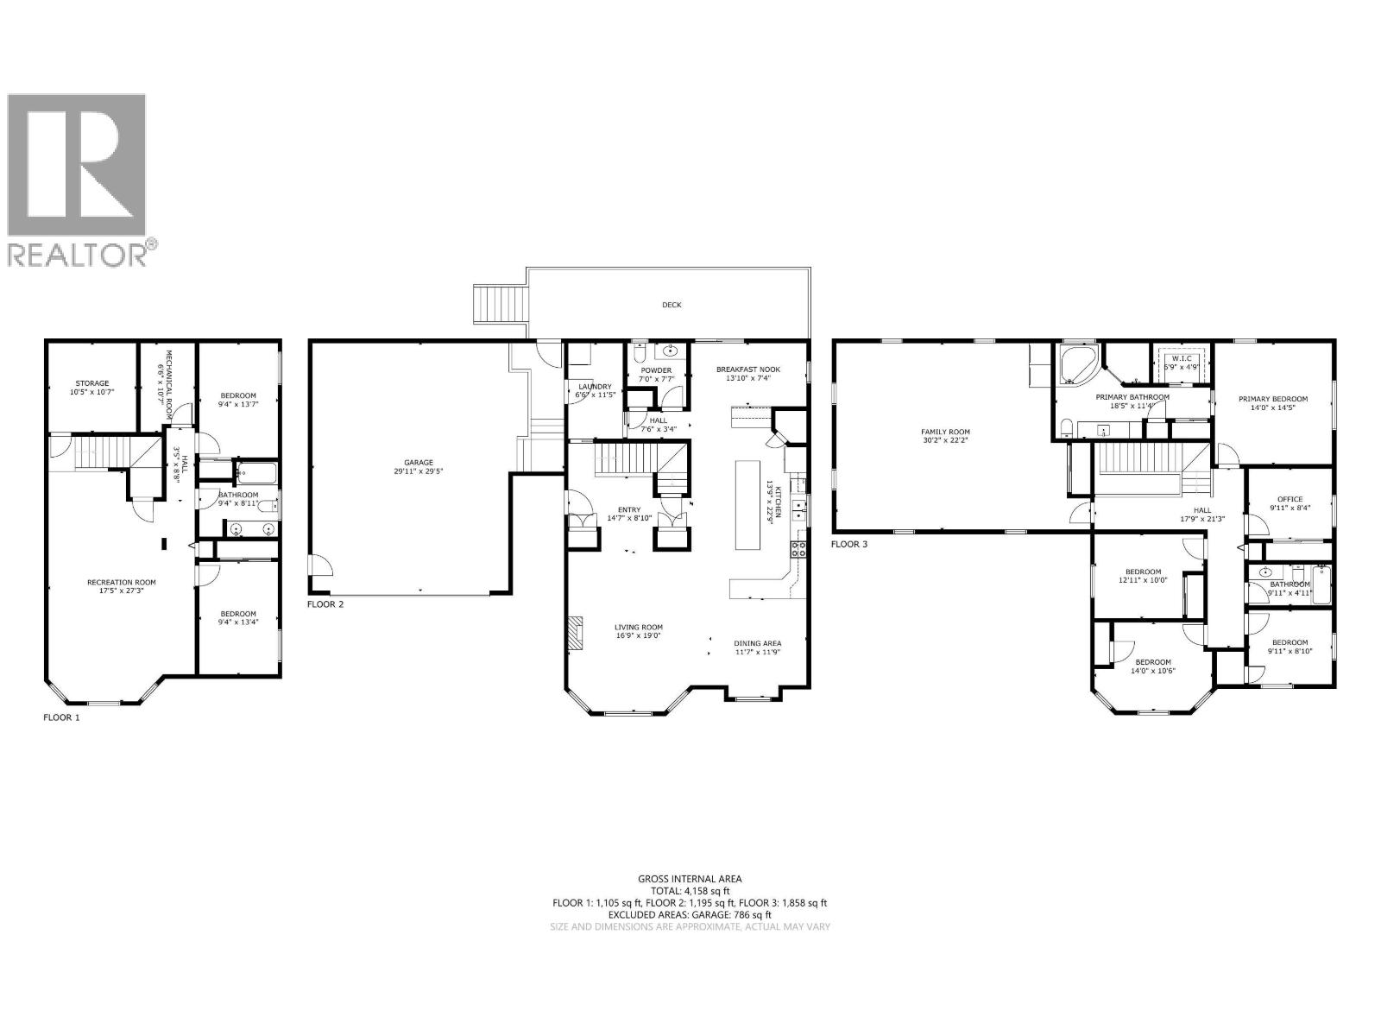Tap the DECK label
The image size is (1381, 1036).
(x=672, y=305)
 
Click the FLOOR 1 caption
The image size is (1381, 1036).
(x=61, y=717)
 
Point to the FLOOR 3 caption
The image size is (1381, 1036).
(x=849, y=544)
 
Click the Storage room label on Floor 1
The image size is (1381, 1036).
(x=91, y=383)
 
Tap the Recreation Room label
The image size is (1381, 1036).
(x=121, y=583)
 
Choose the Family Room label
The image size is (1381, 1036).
(x=946, y=432)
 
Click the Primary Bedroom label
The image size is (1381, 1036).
(x=1273, y=399)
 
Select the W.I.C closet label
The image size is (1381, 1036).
(x=1181, y=357)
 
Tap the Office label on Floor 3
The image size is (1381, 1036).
(x=1290, y=499)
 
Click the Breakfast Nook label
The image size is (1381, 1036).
(x=747, y=370)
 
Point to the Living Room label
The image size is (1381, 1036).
(x=639, y=628)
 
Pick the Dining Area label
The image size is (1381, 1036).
(x=758, y=643)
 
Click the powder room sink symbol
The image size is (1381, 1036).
(x=671, y=352)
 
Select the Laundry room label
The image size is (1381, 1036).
(x=596, y=387)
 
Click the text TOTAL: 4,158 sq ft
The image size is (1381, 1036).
(x=690, y=890)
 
